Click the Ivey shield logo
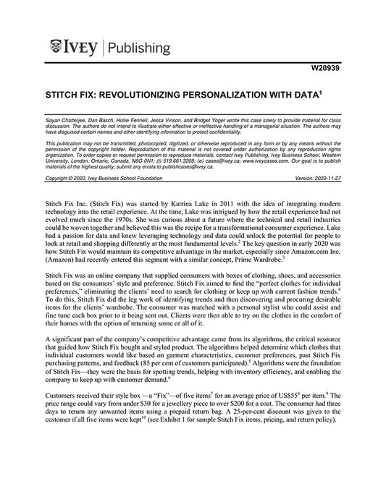coord(58,48)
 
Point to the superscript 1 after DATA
coord(322,92)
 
